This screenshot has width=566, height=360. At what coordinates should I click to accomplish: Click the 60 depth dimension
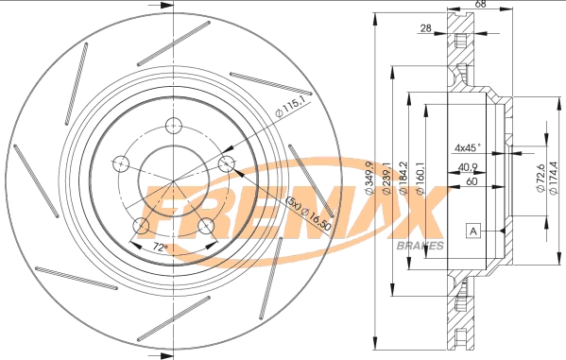[470, 181]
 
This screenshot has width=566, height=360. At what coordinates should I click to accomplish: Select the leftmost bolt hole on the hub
[120, 163]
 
